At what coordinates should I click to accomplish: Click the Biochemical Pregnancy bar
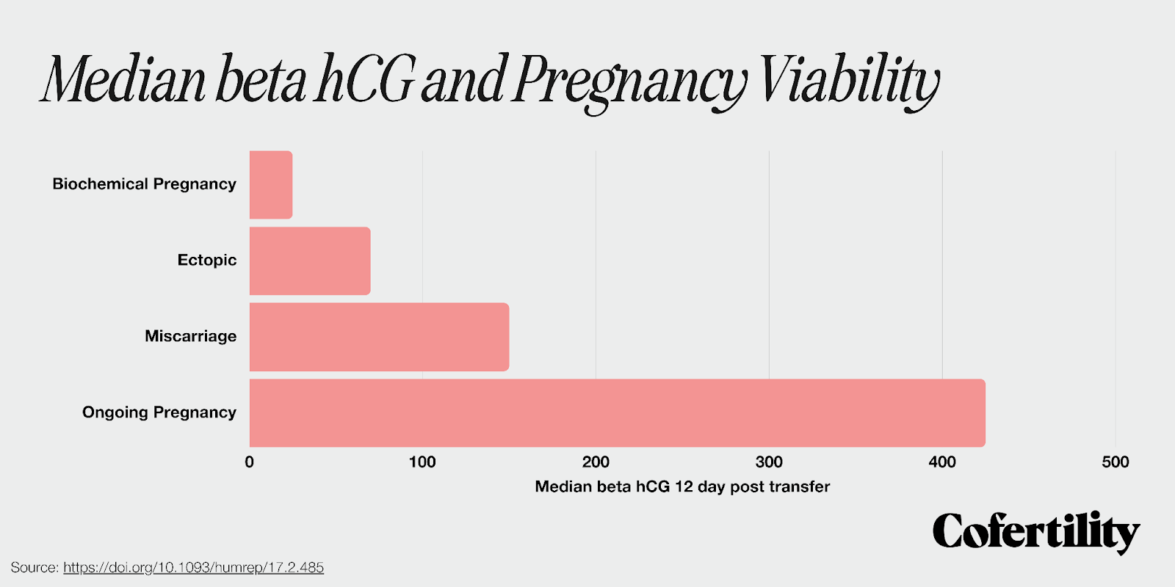point(271,185)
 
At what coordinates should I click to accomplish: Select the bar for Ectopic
point(310,261)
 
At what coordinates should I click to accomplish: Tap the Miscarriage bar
point(379,337)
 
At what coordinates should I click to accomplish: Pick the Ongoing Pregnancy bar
point(617,413)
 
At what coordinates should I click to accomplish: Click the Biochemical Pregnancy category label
point(144,184)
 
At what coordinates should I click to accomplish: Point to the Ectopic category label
point(207,260)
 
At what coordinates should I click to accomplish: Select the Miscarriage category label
point(190,336)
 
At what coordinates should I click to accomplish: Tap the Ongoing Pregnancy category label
point(159,412)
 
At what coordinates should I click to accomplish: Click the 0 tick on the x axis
point(250,462)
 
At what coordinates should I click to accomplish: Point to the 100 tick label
point(422,462)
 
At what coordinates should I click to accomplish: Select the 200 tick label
point(596,462)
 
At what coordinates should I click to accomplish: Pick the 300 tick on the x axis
point(769,462)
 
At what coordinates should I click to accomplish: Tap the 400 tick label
point(942,462)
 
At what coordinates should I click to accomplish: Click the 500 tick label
point(1115,462)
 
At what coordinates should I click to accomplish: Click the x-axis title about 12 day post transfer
point(682,486)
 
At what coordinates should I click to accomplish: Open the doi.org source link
point(193,567)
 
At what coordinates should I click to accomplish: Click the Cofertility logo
point(1035,532)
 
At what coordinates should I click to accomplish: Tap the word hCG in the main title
point(365,79)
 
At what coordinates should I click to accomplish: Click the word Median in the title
point(123,79)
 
